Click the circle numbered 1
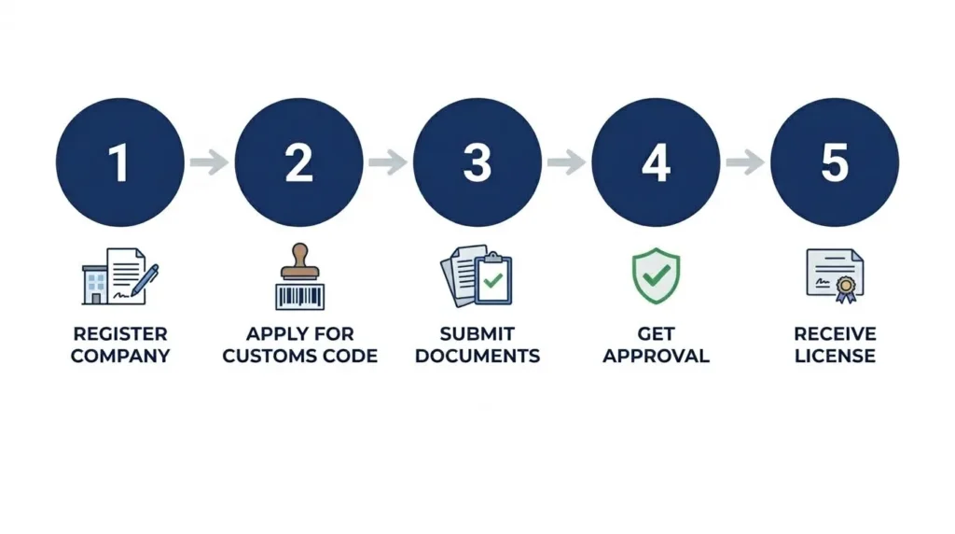click(120, 162)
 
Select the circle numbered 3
click(477, 162)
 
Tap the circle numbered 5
click(835, 162)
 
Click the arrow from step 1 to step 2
click(210, 162)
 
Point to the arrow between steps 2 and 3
click(388, 162)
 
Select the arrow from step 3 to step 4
click(566, 162)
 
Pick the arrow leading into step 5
click(745, 162)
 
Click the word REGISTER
click(120, 334)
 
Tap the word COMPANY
click(120, 356)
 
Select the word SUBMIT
click(477, 334)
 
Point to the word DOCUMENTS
click(477, 356)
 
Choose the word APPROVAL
click(656, 356)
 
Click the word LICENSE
click(835, 356)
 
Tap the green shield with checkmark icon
click(656, 275)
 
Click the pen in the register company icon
click(145, 280)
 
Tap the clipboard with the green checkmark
click(493, 278)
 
